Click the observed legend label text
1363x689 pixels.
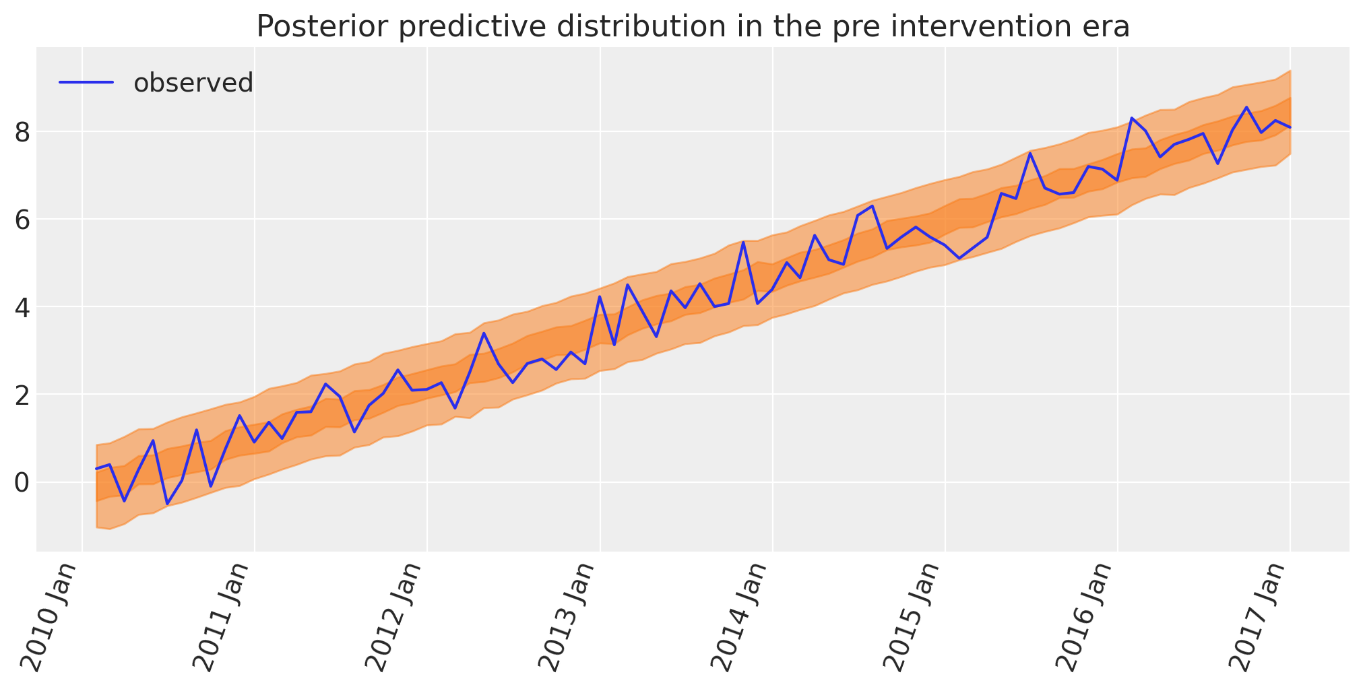click(x=193, y=83)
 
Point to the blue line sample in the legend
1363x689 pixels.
click(x=86, y=82)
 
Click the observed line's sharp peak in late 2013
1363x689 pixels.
click(x=742, y=242)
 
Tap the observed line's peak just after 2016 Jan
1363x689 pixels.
click(x=1132, y=118)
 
